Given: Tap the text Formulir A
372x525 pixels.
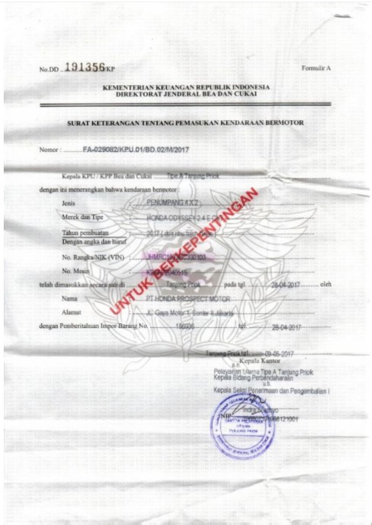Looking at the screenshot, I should tap(316, 68).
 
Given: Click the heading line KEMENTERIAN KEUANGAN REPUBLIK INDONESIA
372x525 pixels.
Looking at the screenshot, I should tap(186, 88).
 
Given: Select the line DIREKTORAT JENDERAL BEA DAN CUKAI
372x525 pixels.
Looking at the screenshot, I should tap(186, 94).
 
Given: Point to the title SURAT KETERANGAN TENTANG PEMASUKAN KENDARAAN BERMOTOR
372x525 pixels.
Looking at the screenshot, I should tap(186, 123).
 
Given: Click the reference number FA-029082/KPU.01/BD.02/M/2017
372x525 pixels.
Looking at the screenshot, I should tap(136, 150).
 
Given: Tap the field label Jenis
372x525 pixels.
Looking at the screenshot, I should tap(69, 204).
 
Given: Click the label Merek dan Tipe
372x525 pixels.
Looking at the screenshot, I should tap(82, 217).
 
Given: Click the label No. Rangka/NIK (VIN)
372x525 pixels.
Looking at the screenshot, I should tap(93, 257).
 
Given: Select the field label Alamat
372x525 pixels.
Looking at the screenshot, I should tap(72, 313).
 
